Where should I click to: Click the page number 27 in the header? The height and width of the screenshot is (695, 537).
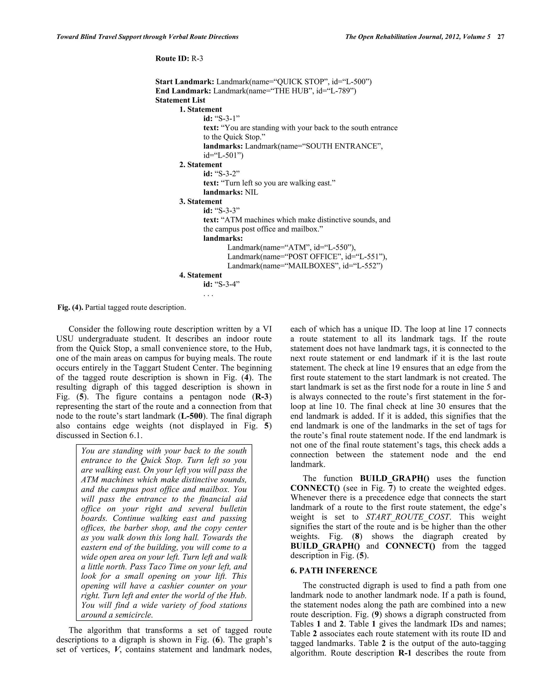(x=501, y=37)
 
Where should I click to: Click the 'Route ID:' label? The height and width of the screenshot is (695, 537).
(x=172, y=58)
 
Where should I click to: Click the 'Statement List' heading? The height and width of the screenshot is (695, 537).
(x=180, y=100)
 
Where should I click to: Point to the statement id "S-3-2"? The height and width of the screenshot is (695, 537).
(x=227, y=174)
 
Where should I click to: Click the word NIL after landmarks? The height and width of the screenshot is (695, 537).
(x=252, y=192)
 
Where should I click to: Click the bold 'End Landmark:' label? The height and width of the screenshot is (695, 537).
(x=183, y=91)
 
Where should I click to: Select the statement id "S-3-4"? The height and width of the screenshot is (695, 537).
(x=227, y=285)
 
